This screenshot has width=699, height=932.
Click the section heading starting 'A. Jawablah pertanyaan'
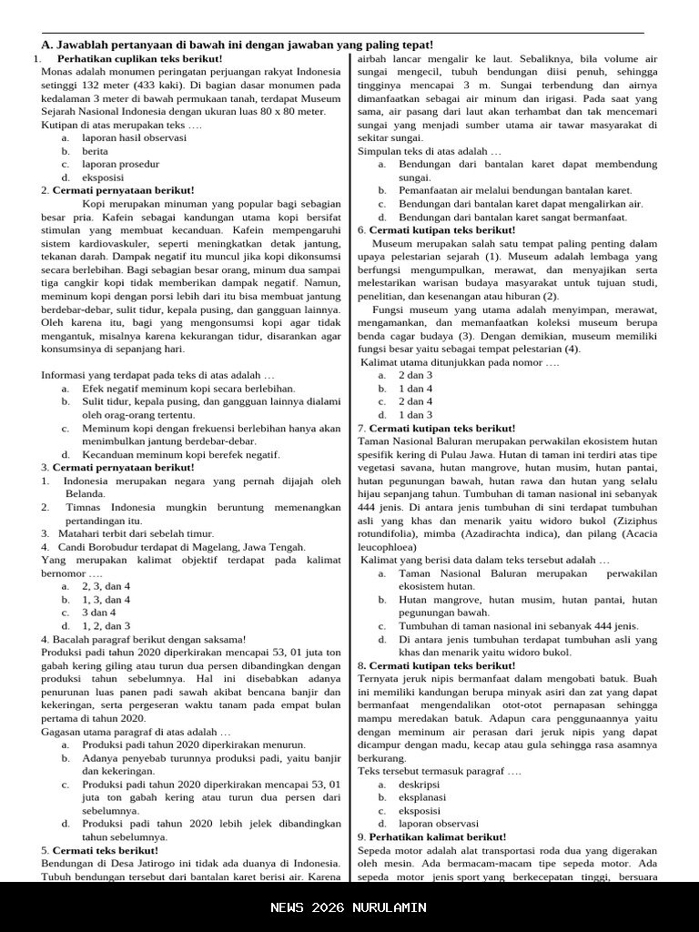click(x=238, y=45)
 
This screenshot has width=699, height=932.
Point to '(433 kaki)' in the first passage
click(x=156, y=86)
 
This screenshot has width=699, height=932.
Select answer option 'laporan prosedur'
click(x=120, y=164)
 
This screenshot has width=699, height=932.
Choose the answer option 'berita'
click(x=95, y=151)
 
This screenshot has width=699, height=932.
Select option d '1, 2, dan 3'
click(x=106, y=626)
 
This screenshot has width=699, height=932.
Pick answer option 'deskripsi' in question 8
click(x=419, y=784)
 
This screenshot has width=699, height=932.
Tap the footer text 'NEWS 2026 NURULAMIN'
click(x=349, y=907)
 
